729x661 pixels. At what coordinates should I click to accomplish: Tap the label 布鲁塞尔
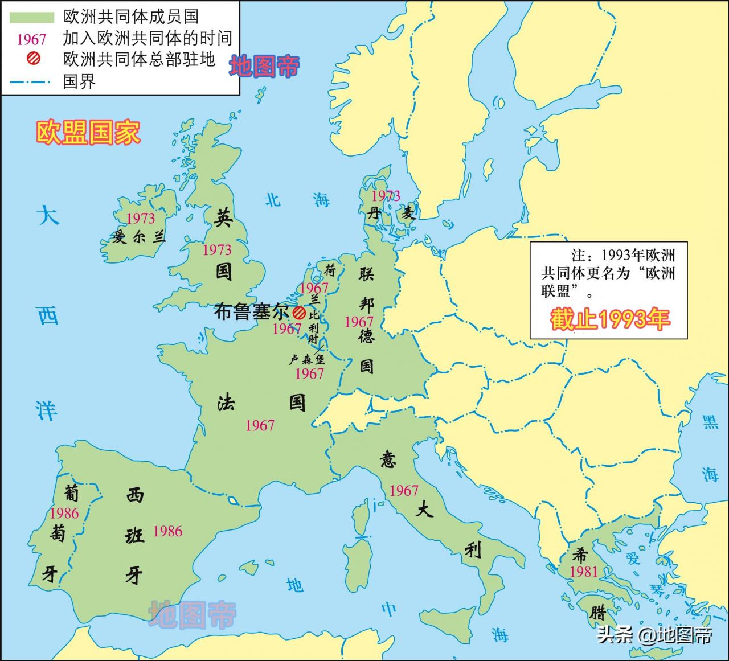[x=251, y=313]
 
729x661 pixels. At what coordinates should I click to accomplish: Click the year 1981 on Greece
[x=584, y=572]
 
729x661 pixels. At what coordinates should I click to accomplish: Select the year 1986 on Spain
[x=167, y=532]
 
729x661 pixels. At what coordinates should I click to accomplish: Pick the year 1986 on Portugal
[x=64, y=514]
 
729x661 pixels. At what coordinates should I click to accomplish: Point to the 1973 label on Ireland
[x=140, y=219]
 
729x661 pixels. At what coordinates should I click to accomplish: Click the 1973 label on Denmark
[x=386, y=196]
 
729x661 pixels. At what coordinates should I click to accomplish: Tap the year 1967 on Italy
[x=404, y=491]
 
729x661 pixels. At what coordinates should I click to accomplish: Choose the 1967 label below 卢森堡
[x=309, y=374]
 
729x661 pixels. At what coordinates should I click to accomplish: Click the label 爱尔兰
[x=140, y=237]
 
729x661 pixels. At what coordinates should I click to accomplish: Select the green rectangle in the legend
[x=31, y=17]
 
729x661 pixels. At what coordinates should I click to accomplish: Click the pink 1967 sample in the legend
[x=31, y=39]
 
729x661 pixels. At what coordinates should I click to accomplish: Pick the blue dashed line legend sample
[x=31, y=82]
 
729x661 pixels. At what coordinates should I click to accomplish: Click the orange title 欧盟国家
[x=88, y=133]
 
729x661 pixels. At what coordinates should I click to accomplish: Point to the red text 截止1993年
[x=609, y=319]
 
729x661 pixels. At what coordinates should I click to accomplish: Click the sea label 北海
[x=297, y=200]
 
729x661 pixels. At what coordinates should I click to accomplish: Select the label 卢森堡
[x=306, y=359]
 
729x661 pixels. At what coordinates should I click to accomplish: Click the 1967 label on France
[x=260, y=425]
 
